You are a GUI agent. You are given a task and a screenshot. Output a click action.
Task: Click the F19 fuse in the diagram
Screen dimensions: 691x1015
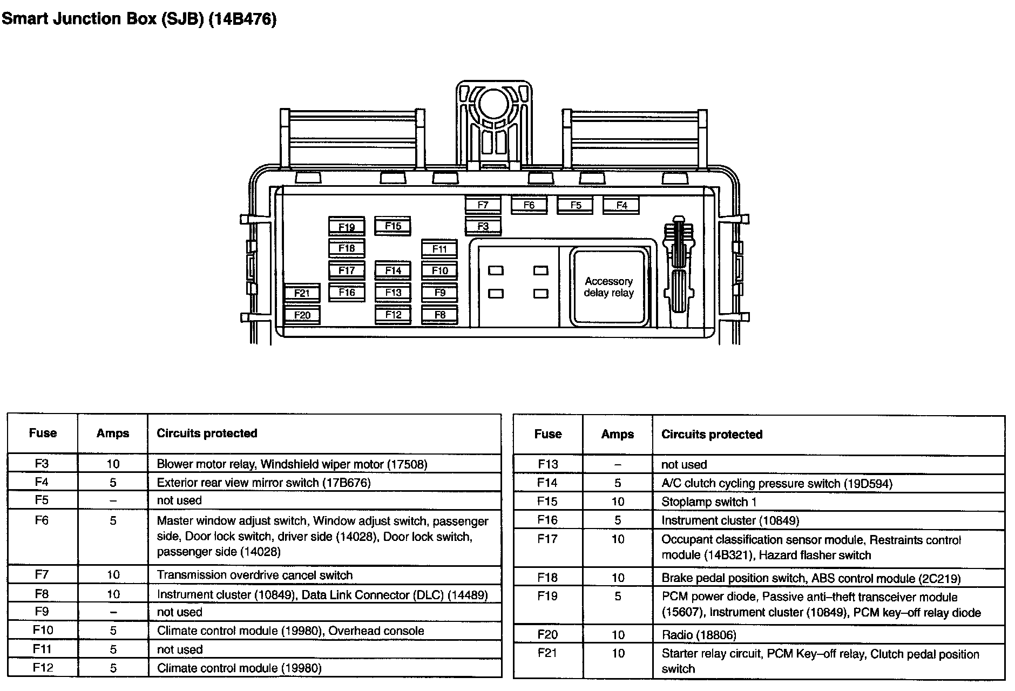point(347,227)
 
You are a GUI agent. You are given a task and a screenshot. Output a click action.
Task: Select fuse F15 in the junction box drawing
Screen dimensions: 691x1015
point(393,226)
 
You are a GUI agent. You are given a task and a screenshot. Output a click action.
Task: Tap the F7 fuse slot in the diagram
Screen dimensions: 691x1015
point(483,205)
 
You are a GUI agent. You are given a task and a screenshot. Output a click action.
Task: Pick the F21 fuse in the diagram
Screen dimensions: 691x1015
point(302,293)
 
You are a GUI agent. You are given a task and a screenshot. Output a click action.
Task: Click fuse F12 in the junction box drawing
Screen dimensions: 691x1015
point(393,315)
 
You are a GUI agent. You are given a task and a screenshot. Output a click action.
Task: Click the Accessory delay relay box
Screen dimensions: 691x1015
point(608,287)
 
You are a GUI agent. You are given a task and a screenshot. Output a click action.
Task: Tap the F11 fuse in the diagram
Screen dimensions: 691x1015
point(439,249)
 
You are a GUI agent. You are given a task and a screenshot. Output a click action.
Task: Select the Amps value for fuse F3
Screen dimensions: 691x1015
point(113,464)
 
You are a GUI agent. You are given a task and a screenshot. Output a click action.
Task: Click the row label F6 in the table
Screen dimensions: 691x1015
point(42,520)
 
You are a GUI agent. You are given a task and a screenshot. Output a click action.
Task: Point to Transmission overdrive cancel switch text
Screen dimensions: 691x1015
point(254,575)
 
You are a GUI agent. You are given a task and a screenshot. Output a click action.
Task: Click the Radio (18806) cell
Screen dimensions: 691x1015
point(699,635)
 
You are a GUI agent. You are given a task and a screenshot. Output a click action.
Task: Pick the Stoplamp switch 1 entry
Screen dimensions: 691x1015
point(708,502)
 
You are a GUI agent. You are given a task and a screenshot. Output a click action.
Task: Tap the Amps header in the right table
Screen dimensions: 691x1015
point(618,435)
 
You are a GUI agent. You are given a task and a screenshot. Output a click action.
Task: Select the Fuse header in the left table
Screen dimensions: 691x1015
point(43,433)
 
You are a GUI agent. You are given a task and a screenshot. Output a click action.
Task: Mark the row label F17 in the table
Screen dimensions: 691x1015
point(547,539)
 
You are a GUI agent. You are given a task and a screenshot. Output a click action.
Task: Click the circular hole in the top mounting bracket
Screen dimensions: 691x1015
point(493,103)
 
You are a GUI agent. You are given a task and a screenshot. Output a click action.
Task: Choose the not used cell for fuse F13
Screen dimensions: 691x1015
point(684,464)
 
